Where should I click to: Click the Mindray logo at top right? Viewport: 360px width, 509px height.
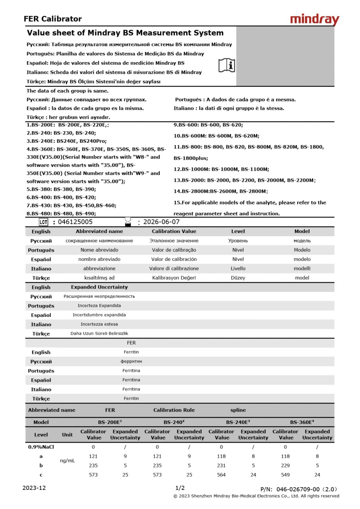coord(314,19)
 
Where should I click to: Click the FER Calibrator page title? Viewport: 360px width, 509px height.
coord(53,19)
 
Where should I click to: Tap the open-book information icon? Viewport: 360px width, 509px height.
coord(227,65)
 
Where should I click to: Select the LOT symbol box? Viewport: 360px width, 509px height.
coord(43,222)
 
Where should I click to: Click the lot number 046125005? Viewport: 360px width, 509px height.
coord(75,222)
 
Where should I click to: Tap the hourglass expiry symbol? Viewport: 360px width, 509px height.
coord(128,221)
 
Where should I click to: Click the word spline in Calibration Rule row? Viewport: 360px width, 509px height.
coord(238,410)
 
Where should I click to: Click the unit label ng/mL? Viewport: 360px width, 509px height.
coord(67,460)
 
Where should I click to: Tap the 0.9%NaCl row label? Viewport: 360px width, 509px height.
coord(41,447)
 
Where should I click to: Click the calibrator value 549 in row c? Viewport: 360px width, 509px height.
coord(286,474)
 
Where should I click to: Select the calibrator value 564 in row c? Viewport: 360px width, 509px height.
coord(222,474)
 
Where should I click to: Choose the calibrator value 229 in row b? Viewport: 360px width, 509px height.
coord(286,465)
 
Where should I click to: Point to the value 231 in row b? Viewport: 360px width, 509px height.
coord(222,465)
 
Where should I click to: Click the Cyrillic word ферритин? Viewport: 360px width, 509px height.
coord(131,361)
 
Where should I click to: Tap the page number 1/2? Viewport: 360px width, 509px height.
coord(180,488)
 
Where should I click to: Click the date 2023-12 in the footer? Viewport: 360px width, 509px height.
coord(34,488)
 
